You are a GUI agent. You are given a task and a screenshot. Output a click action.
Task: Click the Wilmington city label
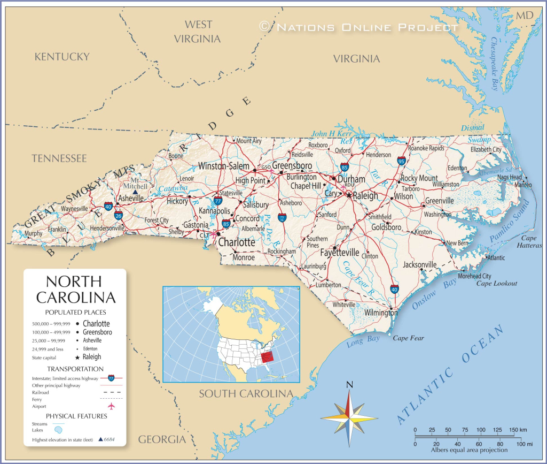click(x=381, y=313)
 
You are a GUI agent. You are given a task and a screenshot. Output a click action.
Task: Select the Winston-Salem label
click(x=223, y=166)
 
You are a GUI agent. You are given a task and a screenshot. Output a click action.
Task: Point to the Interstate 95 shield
click(x=401, y=161)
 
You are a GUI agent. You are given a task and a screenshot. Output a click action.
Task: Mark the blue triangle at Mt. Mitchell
click(x=135, y=192)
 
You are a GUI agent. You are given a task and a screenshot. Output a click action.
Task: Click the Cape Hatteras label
click(x=529, y=241)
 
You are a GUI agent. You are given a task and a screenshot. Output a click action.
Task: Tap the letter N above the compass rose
click(x=349, y=384)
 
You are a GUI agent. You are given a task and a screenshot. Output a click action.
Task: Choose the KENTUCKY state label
click(x=61, y=56)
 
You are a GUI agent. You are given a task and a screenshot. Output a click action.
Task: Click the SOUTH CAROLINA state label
click(x=246, y=394)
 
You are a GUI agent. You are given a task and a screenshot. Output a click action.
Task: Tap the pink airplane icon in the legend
click(x=112, y=405)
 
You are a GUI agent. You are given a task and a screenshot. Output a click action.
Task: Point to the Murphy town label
click(x=33, y=233)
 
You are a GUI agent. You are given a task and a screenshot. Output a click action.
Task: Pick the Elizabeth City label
click(x=486, y=150)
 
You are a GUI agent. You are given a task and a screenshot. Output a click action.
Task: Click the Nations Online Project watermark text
click(x=359, y=27)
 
